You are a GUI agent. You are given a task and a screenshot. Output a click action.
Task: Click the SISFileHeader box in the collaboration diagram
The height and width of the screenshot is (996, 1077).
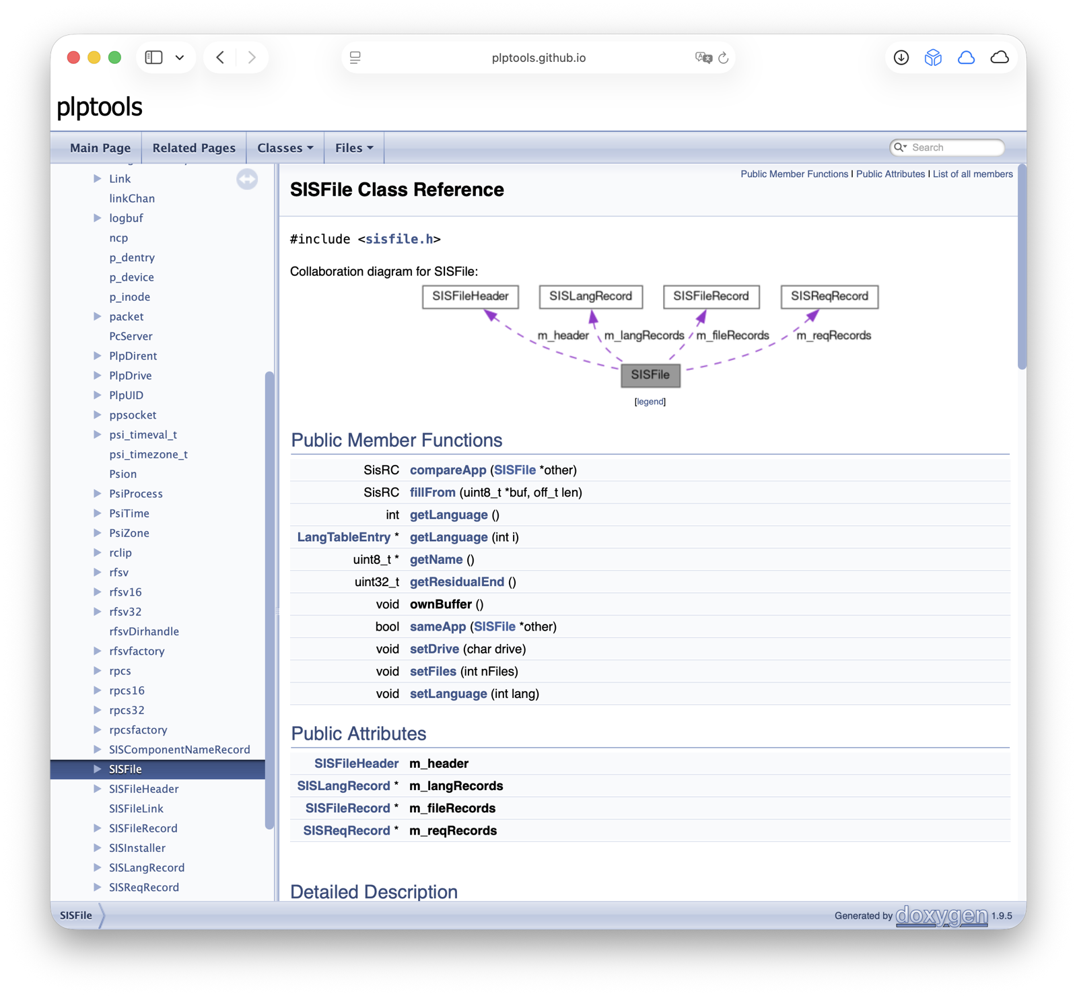click(471, 297)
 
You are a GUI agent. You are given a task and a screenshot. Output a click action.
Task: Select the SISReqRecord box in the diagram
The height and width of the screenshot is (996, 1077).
click(829, 297)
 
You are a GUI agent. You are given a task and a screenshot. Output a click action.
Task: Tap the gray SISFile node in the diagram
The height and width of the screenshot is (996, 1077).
click(650, 375)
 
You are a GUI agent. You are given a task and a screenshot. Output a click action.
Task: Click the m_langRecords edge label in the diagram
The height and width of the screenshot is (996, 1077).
click(644, 335)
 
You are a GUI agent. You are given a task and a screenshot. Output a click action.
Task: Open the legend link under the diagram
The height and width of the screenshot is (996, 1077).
click(650, 402)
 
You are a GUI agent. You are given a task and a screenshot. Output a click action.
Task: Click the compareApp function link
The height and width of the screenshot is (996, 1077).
click(448, 470)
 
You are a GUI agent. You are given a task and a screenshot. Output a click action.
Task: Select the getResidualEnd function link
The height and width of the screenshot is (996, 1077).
click(457, 581)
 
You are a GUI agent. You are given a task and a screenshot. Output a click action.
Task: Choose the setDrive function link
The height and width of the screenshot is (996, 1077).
click(434, 649)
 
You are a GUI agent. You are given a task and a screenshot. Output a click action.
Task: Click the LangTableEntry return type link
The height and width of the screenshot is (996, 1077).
click(344, 537)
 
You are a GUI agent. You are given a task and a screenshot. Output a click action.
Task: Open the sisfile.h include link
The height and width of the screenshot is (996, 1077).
click(400, 239)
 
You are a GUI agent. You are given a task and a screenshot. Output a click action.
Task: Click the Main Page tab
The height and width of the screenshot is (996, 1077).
click(100, 147)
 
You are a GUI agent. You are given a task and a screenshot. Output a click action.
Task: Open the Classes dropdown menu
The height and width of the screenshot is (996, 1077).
click(285, 147)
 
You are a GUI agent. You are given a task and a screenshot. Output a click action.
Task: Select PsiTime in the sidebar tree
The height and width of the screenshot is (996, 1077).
click(129, 513)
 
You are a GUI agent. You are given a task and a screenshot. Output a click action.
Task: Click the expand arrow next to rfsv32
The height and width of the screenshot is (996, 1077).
click(98, 611)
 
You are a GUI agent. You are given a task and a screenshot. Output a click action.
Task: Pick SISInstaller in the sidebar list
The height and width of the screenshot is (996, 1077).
click(137, 848)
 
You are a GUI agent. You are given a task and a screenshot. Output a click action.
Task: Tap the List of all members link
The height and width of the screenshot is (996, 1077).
click(973, 174)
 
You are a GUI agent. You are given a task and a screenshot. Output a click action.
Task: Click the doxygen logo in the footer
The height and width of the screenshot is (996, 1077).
click(942, 915)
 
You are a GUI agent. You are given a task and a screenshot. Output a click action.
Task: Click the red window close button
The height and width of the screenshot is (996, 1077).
click(74, 57)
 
